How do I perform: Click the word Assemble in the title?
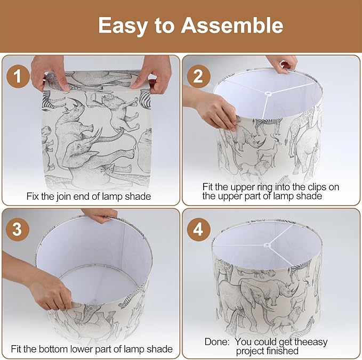click(232, 26)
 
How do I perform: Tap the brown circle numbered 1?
click(18, 76)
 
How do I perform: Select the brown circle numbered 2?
click(198, 76)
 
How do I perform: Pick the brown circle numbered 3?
click(17, 230)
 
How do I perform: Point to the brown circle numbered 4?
click(198, 230)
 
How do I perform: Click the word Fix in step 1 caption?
click(33, 197)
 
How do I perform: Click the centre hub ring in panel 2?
click(268, 94)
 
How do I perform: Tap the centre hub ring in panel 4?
click(268, 245)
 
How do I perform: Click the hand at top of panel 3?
click(99, 215)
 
